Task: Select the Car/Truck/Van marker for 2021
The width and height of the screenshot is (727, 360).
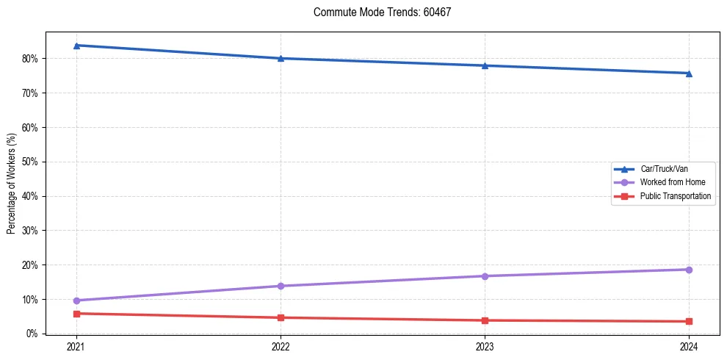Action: point(76,46)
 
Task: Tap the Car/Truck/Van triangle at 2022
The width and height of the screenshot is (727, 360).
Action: point(281,58)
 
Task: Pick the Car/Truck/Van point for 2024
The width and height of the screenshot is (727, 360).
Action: point(689,73)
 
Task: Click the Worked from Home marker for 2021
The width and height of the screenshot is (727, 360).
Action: point(76,300)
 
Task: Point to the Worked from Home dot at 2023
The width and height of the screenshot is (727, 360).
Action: point(485,276)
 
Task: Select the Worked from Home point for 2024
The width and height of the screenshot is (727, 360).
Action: point(689,270)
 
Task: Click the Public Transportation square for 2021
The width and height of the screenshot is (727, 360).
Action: point(76,314)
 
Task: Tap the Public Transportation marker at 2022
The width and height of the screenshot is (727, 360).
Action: point(281,317)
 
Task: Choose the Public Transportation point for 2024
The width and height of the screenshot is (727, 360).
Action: point(689,321)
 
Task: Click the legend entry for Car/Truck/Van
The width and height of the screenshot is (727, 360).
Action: point(664,169)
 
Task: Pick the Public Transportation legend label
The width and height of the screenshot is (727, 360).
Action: point(675,196)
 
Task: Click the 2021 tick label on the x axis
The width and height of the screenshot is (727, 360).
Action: point(76,346)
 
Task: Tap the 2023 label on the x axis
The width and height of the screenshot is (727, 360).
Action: point(485,346)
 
